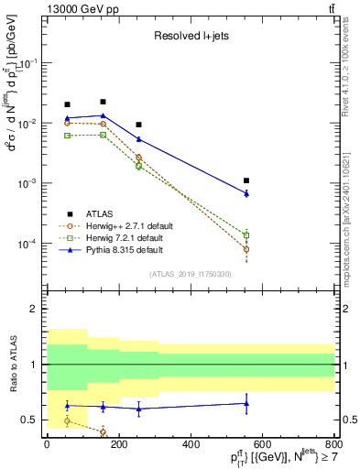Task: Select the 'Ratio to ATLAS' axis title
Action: click(12, 365)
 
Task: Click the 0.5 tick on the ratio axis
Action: click(29, 420)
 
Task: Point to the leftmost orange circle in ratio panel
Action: click(67, 420)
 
